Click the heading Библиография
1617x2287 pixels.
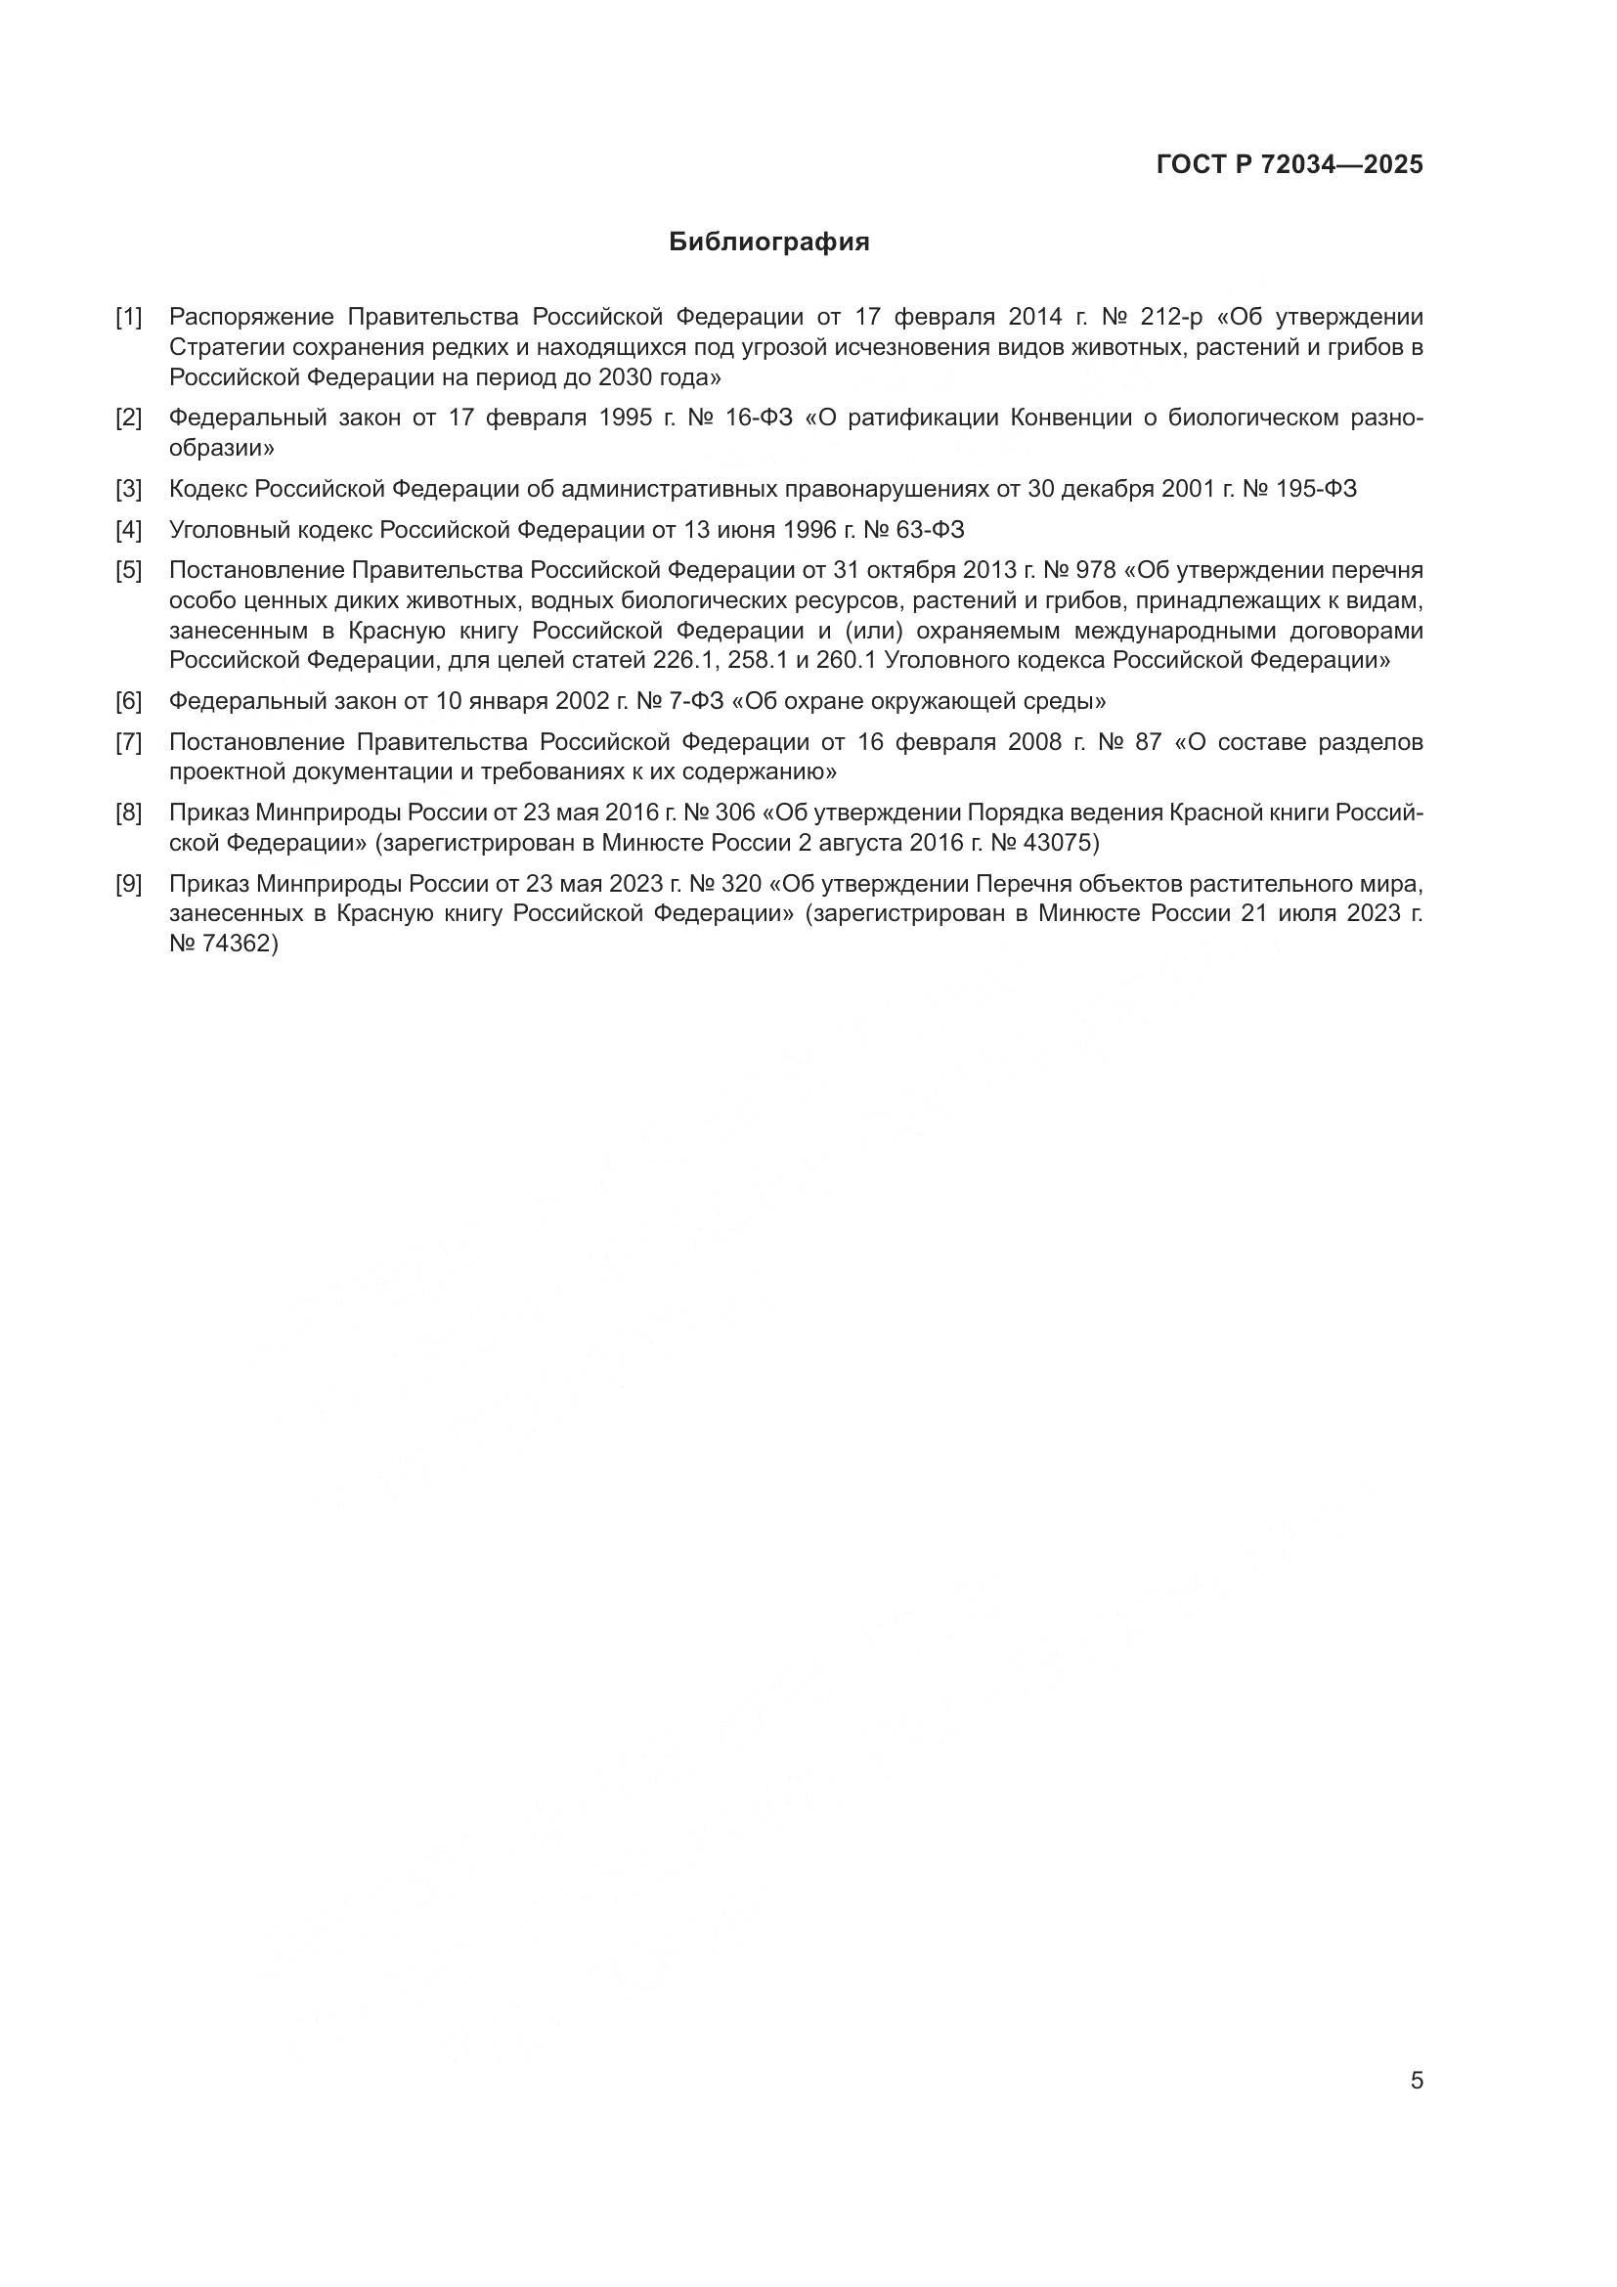768,242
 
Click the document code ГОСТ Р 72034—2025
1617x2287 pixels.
1289,165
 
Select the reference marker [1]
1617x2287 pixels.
128,318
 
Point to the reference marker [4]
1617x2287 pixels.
128,530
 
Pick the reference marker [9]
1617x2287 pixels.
128,885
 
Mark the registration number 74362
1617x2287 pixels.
237,945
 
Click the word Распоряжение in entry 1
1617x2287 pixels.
252,318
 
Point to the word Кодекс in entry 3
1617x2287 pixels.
208,489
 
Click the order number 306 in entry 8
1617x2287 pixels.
735,814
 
